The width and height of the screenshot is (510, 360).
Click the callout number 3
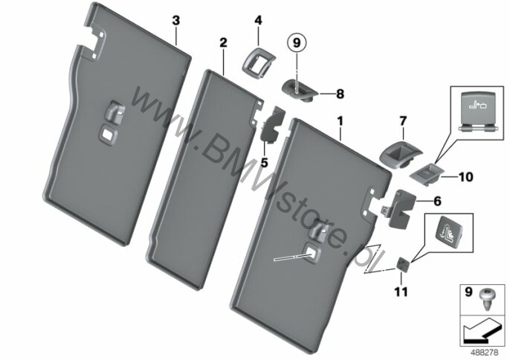[x=175, y=21]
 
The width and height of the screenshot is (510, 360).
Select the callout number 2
[x=223, y=42]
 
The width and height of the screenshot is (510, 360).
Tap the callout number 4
[x=257, y=21]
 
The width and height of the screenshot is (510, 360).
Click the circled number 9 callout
[x=297, y=43]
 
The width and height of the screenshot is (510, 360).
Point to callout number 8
[x=340, y=94]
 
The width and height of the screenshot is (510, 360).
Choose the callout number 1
[x=340, y=122]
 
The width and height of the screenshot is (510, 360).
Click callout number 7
[x=403, y=121]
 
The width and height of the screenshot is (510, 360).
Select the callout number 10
[x=465, y=177]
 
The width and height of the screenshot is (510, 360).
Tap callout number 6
[x=437, y=201]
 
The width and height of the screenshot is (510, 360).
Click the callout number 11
[x=401, y=292]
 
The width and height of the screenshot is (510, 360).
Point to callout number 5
[x=264, y=162]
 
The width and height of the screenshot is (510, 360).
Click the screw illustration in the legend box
[x=485, y=300]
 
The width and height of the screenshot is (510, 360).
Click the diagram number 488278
[x=485, y=353]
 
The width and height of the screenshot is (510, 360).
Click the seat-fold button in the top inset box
[x=477, y=110]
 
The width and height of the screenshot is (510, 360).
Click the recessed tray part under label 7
[x=401, y=154]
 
